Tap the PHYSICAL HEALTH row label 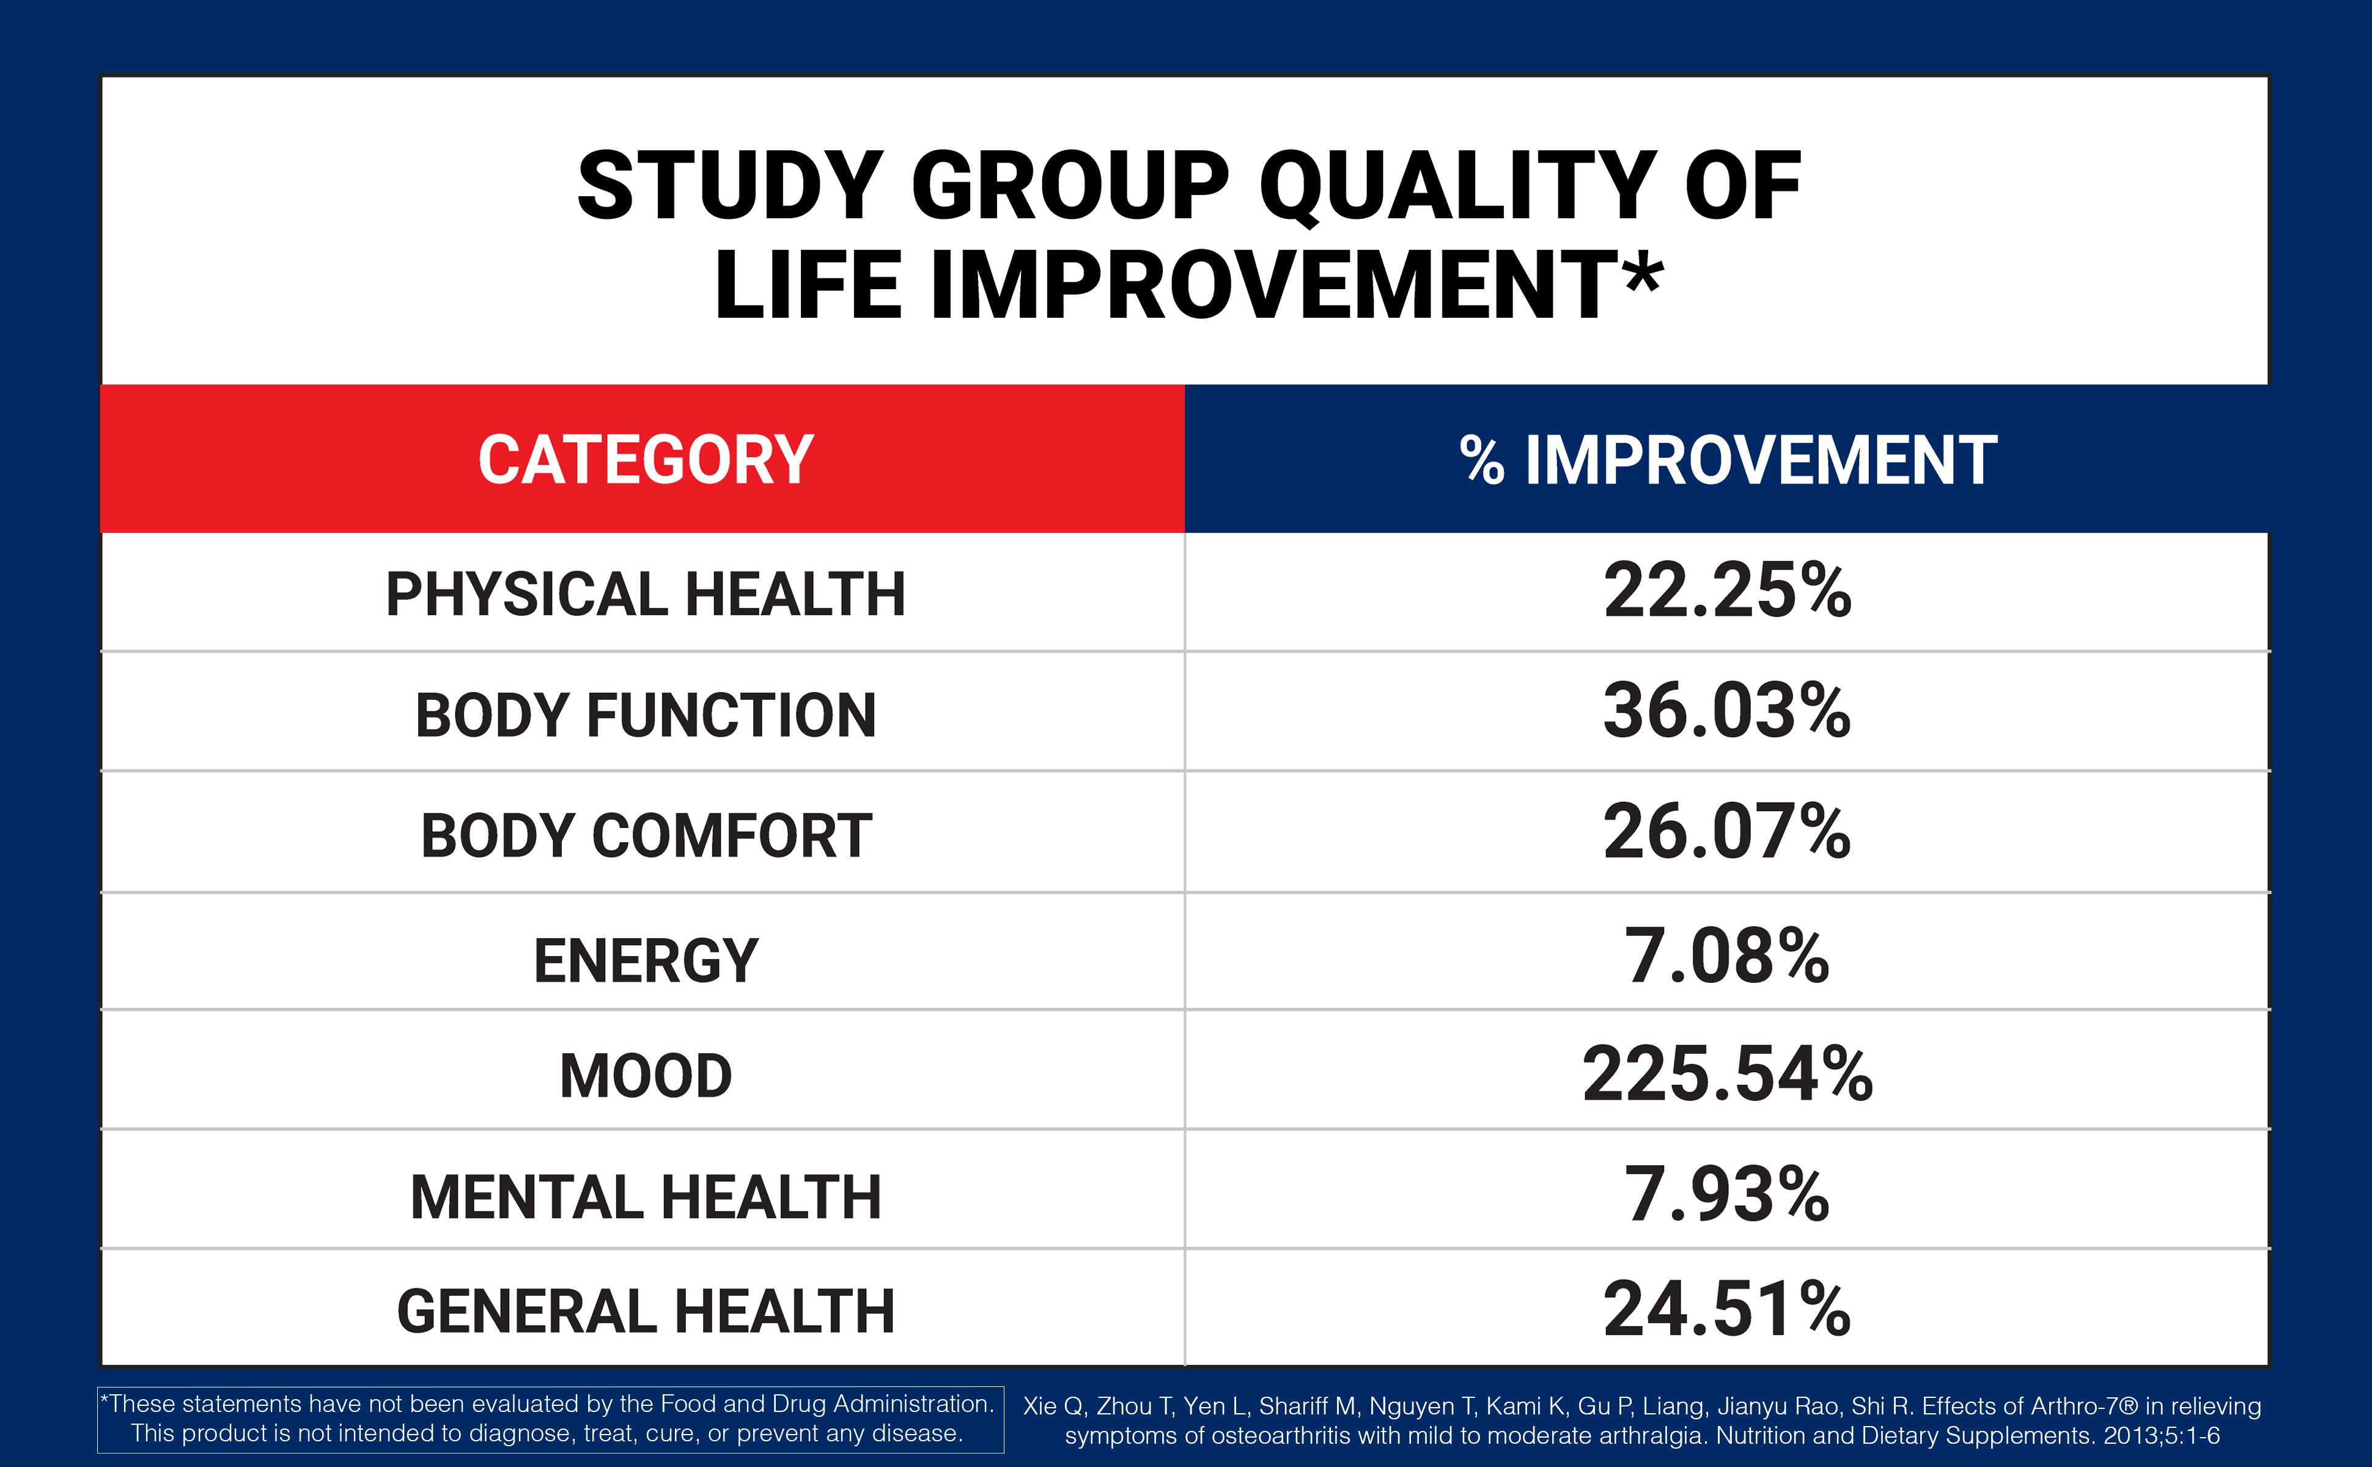coord(645,594)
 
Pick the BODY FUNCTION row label coord(645,715)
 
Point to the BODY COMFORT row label coord(645,836)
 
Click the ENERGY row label coord(645,960)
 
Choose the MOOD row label coord(645,1076)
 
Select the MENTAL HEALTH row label coord(645,1196)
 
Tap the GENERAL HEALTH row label coord(645,1311)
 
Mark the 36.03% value coord(1727,711)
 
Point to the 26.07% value coord(1727,831)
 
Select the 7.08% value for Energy coord(1727,955)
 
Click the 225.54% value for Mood coord(1727,1074)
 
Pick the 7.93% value coord(1727,1193)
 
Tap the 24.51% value coord(1727,1309)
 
